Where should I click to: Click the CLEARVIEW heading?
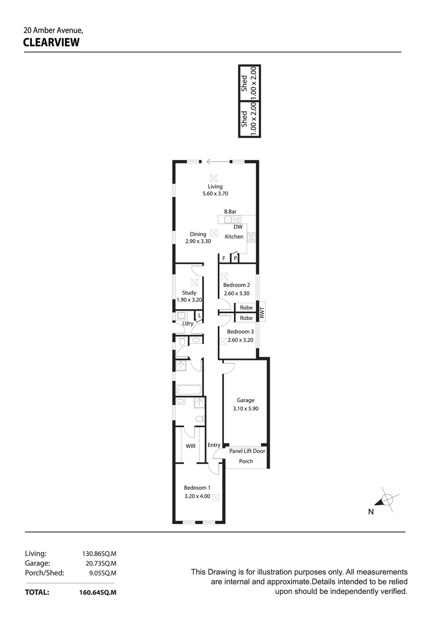click(x=51, y=42)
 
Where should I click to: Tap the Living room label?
click(x=215, y=187)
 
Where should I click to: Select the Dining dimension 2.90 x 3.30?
click(x=198, y=241)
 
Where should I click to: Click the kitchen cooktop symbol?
click(x=251, y=238)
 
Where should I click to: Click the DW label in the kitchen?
click(x=238, y=227)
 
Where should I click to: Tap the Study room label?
click(x=189, y=293)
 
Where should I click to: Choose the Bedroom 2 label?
click(x=236, y=285)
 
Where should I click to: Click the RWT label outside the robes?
click(x=262, y=313)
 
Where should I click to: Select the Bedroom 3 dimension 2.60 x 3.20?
click(x=240, y=340)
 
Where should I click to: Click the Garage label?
click(x=246, y=400)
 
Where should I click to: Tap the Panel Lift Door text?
click(x=247, y=451)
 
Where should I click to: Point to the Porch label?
click(x=246, y=461)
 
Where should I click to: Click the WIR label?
click(x=191, y=446)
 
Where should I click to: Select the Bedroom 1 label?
click(x=197, y=488)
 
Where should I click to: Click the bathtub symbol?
click(x=189, y=390)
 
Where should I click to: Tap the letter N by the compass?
click(x=371, y=512)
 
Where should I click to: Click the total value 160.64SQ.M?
click(x=98, y=592)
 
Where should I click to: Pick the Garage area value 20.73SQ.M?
click(x=101, y=564)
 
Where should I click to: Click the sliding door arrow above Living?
click(x=218, y=161)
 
